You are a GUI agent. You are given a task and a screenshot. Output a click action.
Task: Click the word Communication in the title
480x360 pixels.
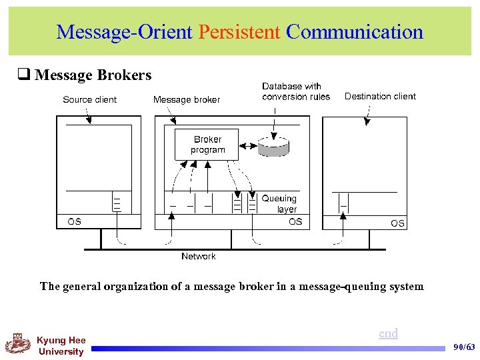354,32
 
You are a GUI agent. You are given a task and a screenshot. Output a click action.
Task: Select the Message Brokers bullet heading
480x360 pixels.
93,75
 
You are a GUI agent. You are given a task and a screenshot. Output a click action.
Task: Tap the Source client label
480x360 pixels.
89,100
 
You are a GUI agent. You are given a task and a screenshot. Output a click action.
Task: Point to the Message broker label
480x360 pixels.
186,100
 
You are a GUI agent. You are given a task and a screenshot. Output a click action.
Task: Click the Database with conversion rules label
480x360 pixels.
295,91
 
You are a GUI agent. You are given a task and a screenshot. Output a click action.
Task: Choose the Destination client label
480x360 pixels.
380,97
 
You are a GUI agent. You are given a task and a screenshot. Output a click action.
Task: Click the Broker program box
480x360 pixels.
207,145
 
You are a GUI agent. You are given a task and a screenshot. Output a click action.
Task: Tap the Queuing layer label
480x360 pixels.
280,203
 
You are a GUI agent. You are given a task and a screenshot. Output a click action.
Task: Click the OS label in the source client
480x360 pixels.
75,221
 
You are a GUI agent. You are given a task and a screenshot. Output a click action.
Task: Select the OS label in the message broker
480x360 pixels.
295,221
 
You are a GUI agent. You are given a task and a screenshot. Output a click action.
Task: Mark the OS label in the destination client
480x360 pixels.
397,223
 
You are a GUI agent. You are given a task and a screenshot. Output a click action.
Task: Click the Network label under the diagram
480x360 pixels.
199,257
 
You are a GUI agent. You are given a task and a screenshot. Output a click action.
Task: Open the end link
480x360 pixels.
388,333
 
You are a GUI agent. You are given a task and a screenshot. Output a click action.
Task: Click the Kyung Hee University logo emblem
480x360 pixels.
18,345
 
